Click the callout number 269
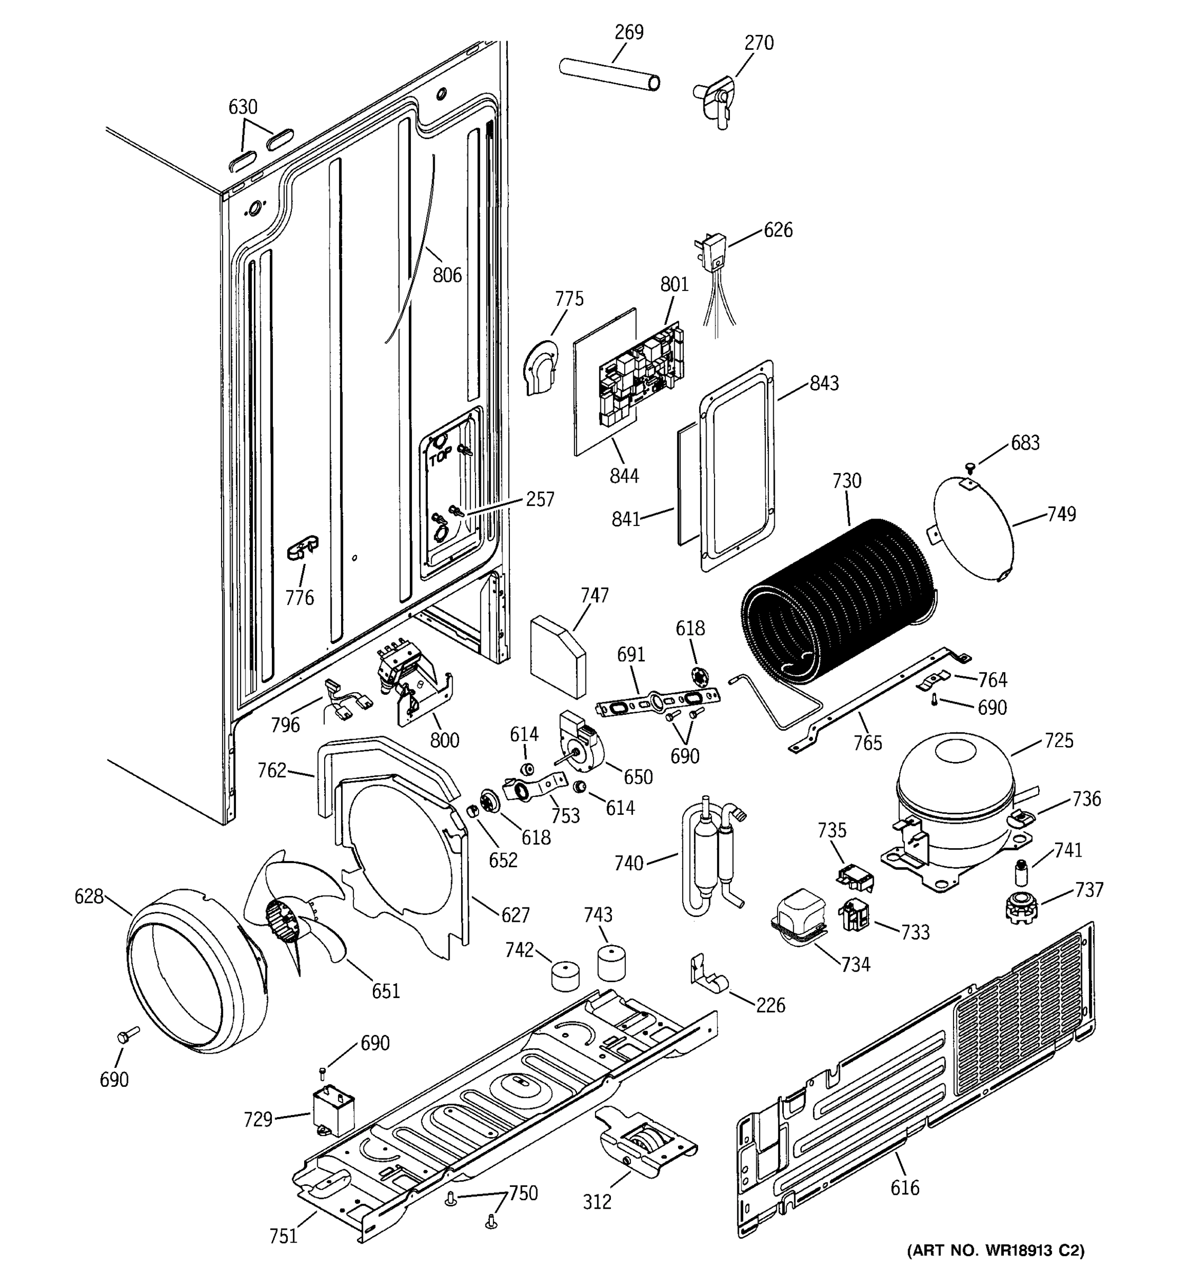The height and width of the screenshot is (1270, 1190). point(629,32)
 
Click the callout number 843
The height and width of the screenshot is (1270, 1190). point(824,383)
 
